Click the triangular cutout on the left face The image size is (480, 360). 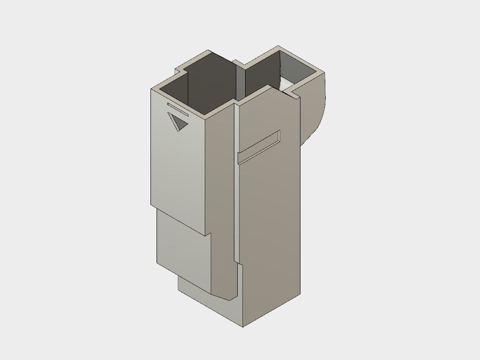pos(178,123)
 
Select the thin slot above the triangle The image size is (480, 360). pos(178,108)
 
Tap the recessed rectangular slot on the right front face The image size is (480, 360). pos(259,147)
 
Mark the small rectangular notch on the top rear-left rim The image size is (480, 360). pos(181,71)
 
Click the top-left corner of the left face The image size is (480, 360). pos(151,89)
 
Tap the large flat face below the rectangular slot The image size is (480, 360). pos(270,225)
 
